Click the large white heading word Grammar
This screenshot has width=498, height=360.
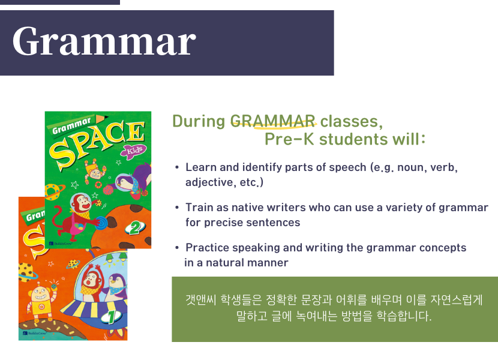click(x=104, y=42)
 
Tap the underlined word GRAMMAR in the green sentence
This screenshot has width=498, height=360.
click(x=272, y=121)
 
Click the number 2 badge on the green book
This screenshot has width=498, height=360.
click(x=136, y=228)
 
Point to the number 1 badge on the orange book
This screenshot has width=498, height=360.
click(x=111, y=316)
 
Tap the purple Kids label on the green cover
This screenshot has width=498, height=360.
click(x=134, y=151)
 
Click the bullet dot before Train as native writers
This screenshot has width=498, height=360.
click(x=177, y=208)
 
